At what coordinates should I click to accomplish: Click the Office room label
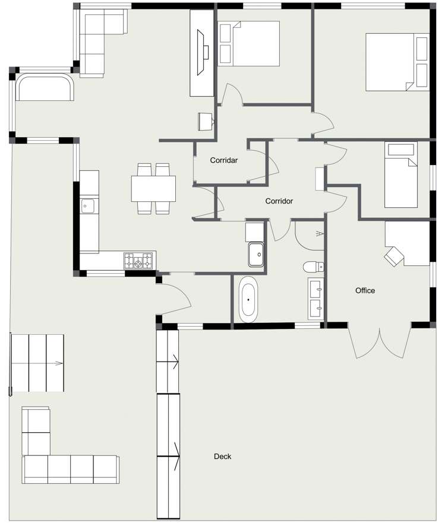click(365, 290)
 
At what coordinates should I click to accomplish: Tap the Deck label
click(222, 457)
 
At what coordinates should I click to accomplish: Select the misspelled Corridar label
click(224, 160)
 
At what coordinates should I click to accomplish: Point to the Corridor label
click(279, 201)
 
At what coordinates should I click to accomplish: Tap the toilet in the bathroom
click(313, 267)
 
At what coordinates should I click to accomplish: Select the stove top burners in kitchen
click(138, 260)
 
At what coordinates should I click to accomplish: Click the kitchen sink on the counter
click(88, 207)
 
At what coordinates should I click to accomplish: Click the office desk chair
click(394, 256)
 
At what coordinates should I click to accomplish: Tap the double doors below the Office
click(379, 342)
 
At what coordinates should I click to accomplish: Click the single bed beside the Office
click(400, 175)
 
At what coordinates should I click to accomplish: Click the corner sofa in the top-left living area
click(98, 42)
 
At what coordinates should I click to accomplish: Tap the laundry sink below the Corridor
click(257, 254)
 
